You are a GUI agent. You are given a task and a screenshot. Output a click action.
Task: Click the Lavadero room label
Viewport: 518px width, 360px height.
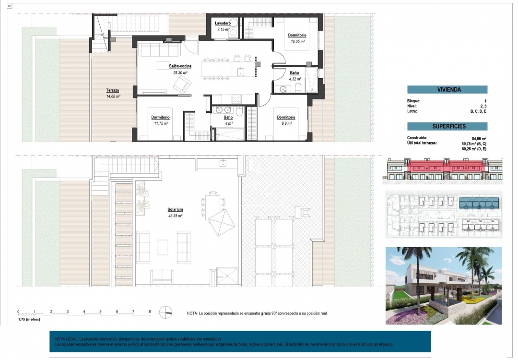(223, 23)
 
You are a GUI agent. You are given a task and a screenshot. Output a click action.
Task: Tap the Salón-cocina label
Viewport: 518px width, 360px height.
(180, 66)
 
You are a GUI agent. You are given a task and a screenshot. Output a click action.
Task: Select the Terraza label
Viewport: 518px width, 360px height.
(113, 90)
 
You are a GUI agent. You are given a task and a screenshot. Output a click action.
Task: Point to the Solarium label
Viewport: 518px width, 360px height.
(175, 210)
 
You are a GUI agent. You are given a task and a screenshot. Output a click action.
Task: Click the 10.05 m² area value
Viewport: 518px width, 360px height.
(297, 41)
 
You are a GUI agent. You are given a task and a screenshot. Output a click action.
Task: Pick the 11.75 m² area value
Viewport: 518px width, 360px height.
(161, 123)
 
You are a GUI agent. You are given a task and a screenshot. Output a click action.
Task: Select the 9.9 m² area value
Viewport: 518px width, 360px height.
(285, 123)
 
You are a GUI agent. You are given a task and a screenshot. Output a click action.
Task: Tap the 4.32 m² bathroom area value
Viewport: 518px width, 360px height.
(294, 79)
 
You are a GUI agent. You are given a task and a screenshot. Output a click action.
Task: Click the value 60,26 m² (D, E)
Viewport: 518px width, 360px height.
(473, 149)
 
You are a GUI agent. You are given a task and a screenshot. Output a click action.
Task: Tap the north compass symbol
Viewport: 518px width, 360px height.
(165, 312)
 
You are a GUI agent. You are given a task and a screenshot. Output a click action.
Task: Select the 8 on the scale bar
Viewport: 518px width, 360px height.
(150, 312)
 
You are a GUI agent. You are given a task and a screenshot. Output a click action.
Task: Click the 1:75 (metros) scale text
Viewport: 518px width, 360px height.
(29, 319)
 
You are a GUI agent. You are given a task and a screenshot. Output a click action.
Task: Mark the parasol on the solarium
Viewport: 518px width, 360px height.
(222, 221)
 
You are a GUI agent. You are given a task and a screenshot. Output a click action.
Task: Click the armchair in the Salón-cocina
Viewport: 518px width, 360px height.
(182, 85)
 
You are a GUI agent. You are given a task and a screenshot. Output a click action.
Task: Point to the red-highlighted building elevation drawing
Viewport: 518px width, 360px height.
(443, 170)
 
